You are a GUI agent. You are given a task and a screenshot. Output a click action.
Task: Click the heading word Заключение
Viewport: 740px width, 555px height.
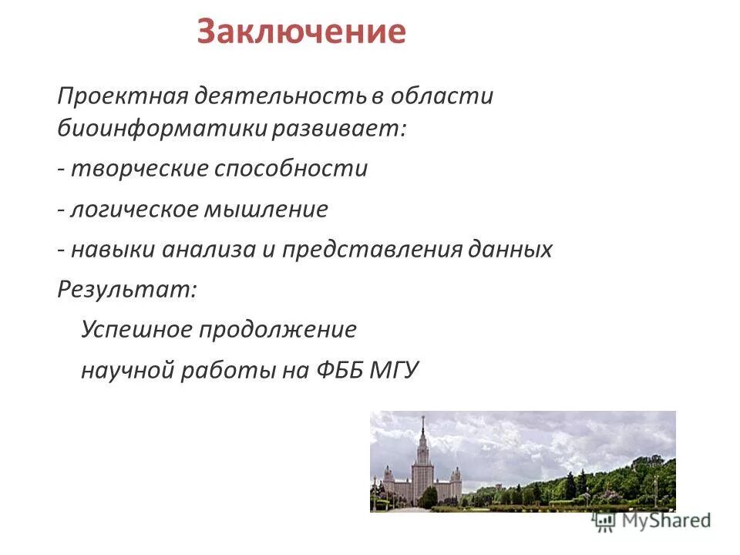[x=301, y=32]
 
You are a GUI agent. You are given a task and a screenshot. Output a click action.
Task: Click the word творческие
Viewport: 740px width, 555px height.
[x=139, y=169]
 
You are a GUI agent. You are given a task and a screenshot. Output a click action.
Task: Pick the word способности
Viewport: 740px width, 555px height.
[x=294, y=169]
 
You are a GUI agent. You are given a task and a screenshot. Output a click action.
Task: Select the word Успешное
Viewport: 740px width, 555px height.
[x=136, y=330]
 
